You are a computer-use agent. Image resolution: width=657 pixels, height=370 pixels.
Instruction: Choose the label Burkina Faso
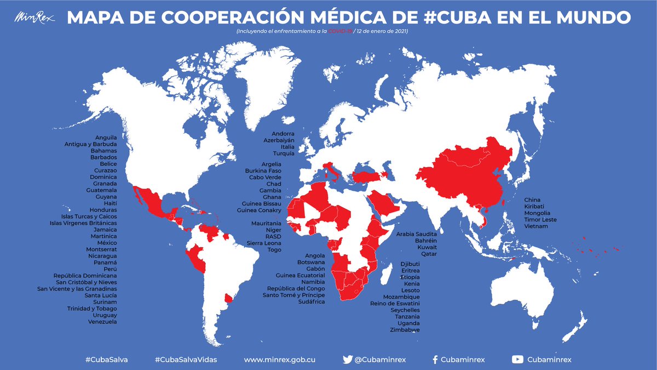coord(263,171)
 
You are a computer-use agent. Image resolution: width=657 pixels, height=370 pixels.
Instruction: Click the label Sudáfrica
coord(312,301)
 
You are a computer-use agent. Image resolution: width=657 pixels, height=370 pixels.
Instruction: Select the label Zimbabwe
coord(405,330)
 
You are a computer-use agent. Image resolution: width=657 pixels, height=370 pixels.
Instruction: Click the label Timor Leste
coord(540,219)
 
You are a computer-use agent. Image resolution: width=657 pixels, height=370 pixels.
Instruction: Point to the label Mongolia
coord(538,213)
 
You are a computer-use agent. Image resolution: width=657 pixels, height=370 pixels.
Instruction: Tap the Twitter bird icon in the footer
coord(347,360)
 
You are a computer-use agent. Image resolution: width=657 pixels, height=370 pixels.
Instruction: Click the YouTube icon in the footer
coord(517,360)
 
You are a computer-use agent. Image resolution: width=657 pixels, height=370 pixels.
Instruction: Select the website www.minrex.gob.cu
coord(279,360)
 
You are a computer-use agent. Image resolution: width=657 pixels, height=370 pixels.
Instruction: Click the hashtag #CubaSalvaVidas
coord(186,360)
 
